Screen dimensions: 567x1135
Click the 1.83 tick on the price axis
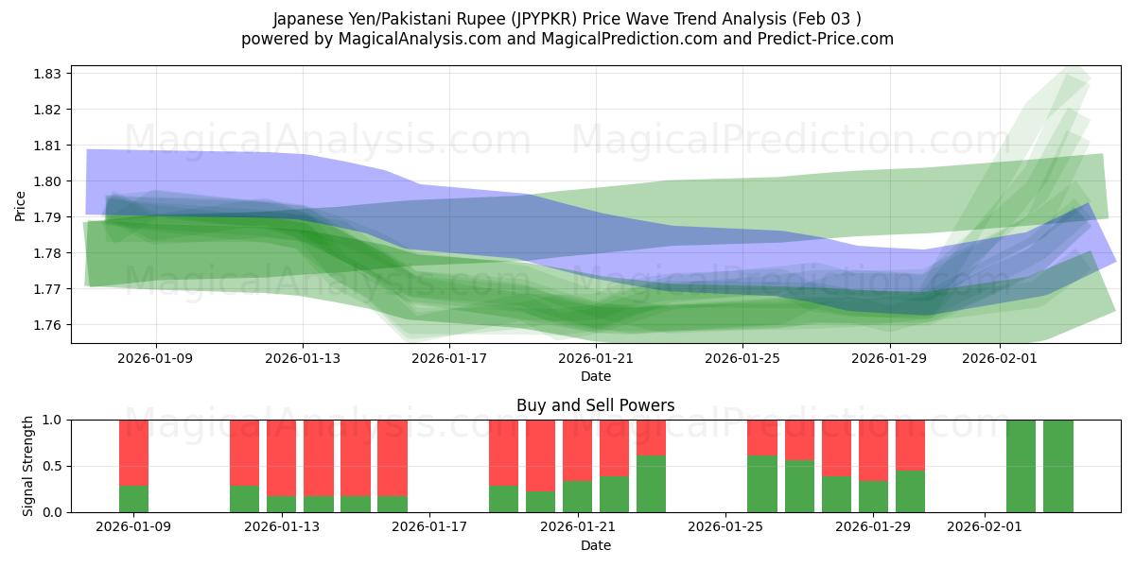tap(48, 74)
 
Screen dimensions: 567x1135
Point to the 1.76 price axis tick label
tap(48, 325)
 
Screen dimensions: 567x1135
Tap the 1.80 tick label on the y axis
tap(48, 181)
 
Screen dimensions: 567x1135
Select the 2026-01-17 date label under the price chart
tap(450, 358)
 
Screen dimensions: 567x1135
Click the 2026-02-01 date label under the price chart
tap(1000, 358)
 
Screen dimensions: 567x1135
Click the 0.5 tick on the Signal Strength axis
tap(53, 466)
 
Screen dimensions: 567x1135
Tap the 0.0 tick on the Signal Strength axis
tap(53, 512)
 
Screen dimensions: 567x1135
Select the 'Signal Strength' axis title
tap(28, 466)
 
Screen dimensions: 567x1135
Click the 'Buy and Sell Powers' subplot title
tap(595, 405)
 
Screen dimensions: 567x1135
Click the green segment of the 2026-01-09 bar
tap(134, 499)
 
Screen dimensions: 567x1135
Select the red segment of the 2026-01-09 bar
tap(134, 453)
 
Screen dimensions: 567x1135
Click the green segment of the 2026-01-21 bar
tap(577, 496)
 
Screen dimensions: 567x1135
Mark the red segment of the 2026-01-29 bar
tap(873, 450)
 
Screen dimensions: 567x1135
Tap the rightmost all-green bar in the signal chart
tap(1058, 466)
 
